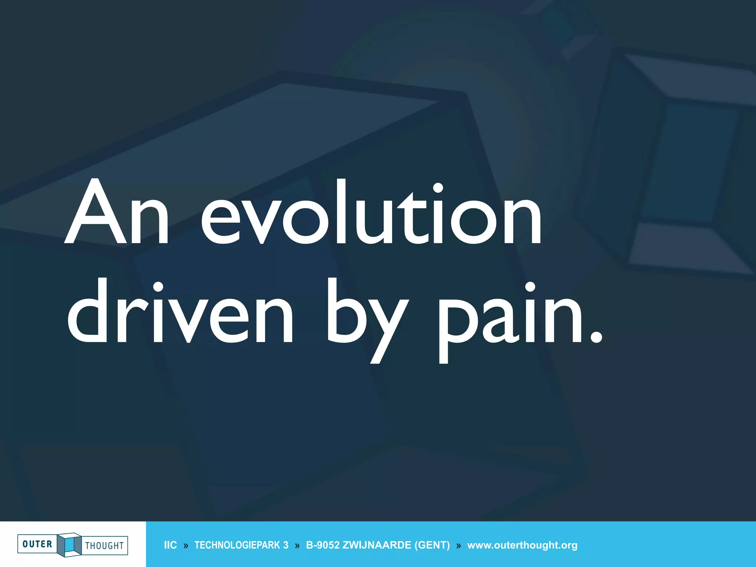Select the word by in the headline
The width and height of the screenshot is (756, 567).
(367, 317)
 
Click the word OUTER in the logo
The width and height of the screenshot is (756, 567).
(37, 544)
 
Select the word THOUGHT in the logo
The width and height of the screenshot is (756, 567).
(104, 546)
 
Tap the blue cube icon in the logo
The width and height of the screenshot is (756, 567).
(69, 544)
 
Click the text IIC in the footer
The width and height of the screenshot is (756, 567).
(170, 545)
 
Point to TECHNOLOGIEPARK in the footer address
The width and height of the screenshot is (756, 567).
(237, 545)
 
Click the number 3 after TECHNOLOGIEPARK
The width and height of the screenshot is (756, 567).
(286, 545)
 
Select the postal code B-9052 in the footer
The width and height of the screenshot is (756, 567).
(322, 545)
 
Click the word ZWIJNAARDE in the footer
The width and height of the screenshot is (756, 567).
(377, 545)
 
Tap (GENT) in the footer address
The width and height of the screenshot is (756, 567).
(432, 545)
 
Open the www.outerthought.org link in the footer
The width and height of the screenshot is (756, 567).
(522, 545)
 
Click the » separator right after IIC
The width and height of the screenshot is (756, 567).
(186, 546)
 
